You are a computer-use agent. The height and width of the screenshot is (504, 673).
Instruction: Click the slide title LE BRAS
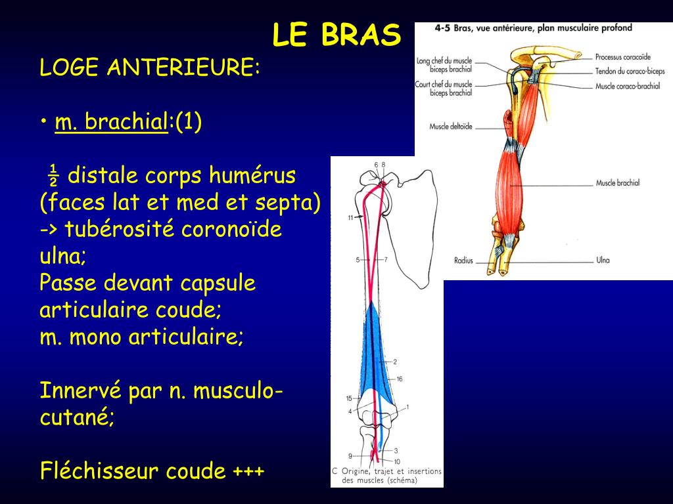[336, 35]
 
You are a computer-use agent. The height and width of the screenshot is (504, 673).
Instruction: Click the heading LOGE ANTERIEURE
[150, 68]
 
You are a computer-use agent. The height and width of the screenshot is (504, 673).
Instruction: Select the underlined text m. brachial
[111, 122]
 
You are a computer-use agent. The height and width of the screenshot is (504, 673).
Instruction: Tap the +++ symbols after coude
[248, 471]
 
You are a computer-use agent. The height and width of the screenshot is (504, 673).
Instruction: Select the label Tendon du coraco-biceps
[630, 72]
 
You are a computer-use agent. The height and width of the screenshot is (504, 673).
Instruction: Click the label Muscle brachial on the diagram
[617, 183]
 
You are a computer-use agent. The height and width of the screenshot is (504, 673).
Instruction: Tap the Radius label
[463, 261]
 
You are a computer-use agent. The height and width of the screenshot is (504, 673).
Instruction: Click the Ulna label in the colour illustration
[603, 261]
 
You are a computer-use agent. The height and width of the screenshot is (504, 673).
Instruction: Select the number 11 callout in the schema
[351, 217]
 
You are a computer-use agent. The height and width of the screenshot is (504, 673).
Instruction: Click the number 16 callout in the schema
[400, 379]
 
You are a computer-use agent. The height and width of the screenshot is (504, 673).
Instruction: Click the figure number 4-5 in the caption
[442, 28]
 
